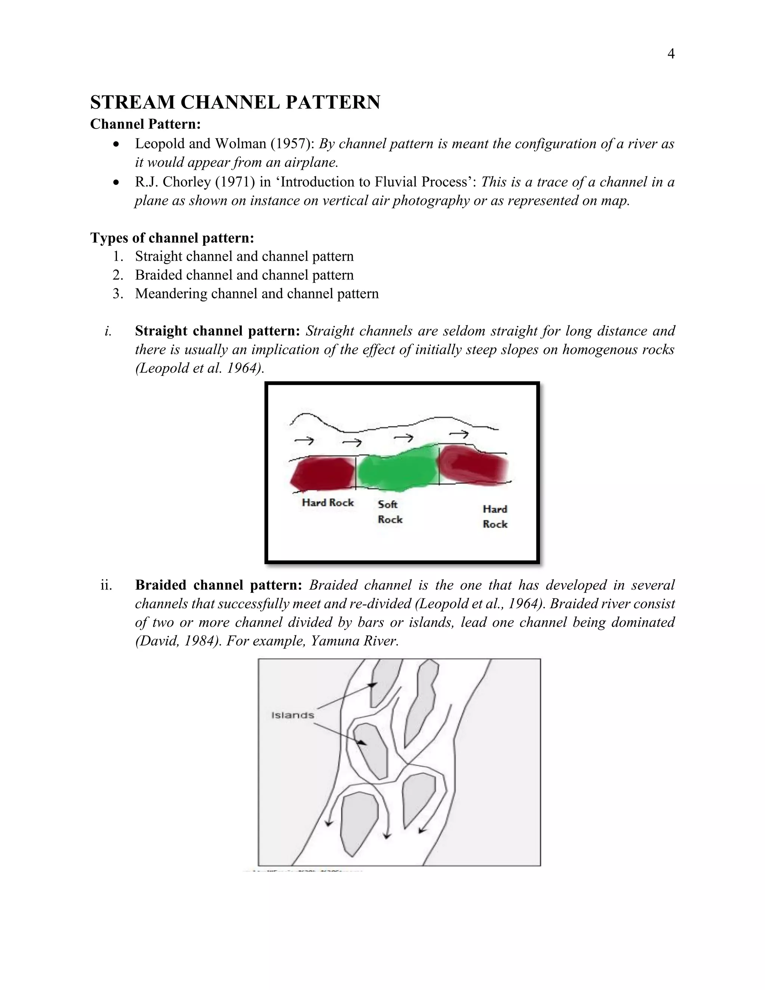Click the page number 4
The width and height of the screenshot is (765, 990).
pyautogui.click(x=671, y=54)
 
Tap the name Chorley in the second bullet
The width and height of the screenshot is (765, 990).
pyautogui.click(x=187, y=182)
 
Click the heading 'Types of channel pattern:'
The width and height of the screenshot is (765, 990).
pyautogui.click(x=172, y=238)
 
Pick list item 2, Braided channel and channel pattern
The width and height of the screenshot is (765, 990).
pyautogui.click(x=244, y=275)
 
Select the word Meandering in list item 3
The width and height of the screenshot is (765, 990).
pyautogui.click(x=171, y=294)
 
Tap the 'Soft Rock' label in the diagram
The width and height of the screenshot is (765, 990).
pyautogui.click(x=389, y=512)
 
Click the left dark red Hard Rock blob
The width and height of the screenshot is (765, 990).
pyautogui.click(x=322, y=474)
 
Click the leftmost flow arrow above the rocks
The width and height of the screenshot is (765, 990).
pyautogui.click(x=304, y=440)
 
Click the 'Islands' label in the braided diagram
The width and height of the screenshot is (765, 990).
pyautogui.click(x=292, y=715)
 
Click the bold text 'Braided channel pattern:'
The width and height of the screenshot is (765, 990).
pyautogui.click(x=219, y=585)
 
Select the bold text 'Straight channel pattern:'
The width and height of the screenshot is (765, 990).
pyautogui.click(x=217, y=331)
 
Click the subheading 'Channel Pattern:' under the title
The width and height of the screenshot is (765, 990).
pyautogui.click(x=145, y=124)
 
